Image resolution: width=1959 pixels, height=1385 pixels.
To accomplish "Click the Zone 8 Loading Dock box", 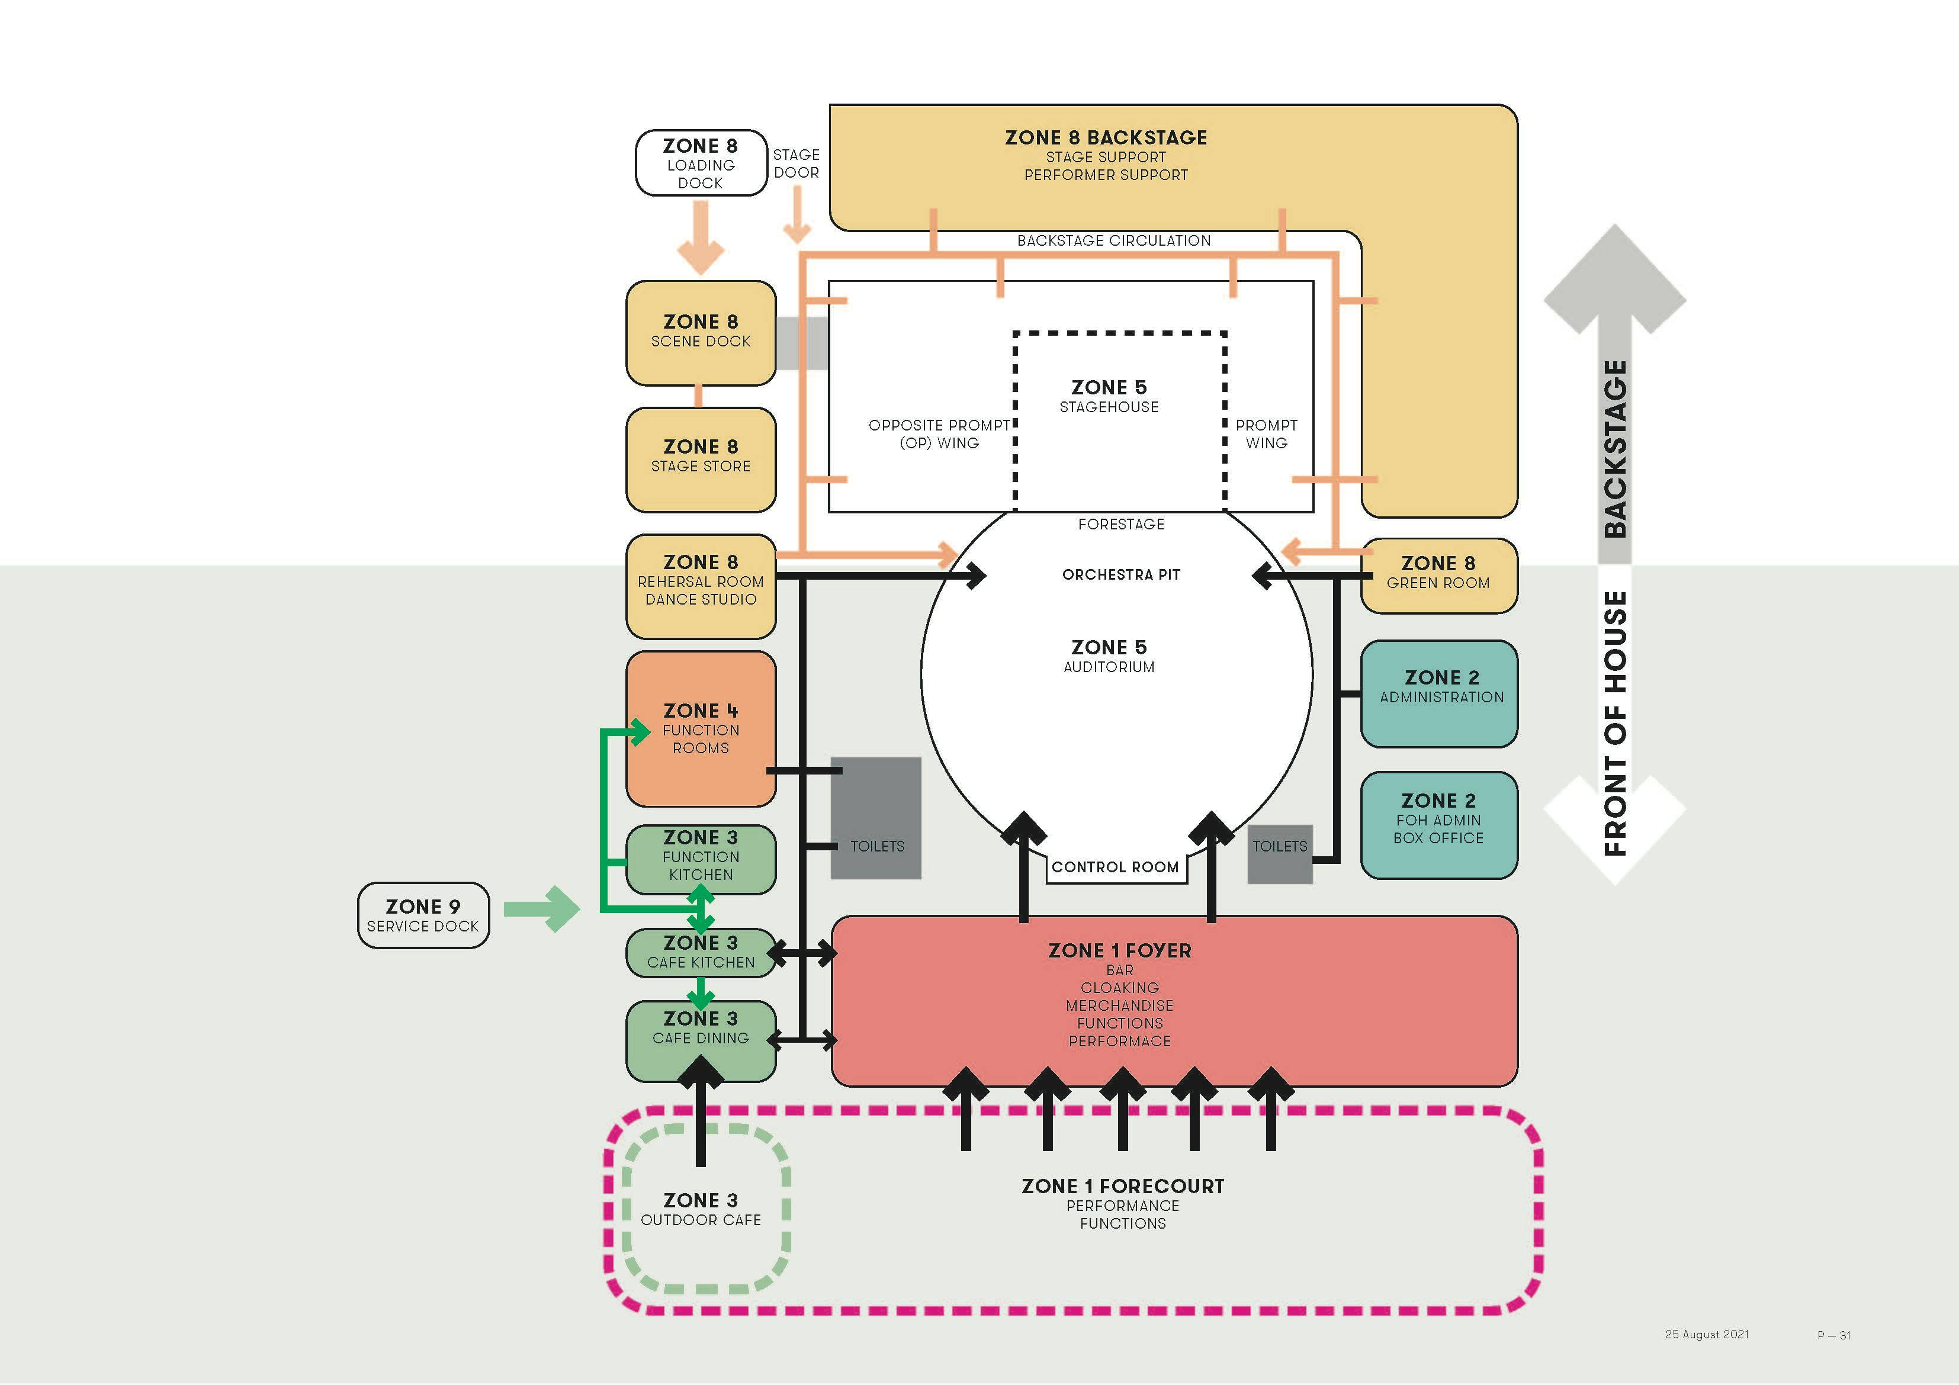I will (701, 163).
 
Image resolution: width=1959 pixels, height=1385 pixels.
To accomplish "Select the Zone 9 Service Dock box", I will (423, 915).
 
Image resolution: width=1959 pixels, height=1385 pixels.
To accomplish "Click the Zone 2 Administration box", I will (1438, 693).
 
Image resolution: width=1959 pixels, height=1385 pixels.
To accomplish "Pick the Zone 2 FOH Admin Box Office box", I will (1438, 824).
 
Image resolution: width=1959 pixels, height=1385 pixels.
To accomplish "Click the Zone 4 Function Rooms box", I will (701, 728).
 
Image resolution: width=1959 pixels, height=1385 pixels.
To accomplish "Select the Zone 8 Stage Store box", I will (701, 459).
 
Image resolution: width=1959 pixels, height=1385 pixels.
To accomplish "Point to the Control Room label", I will (1115, 867).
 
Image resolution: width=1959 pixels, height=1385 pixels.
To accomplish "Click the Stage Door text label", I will (796, 163).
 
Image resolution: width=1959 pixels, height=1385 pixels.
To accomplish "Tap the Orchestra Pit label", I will (1120, 574).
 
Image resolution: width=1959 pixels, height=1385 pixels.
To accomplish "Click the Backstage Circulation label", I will (1113, 240).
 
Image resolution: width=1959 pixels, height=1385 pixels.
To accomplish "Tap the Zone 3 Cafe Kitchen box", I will (701, 952).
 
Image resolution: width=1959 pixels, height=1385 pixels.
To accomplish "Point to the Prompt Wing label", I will (1266, 433).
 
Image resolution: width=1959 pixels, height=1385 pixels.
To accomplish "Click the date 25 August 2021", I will (1707, 1334).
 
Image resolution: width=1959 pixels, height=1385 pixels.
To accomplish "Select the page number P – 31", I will (1833, 1335).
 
